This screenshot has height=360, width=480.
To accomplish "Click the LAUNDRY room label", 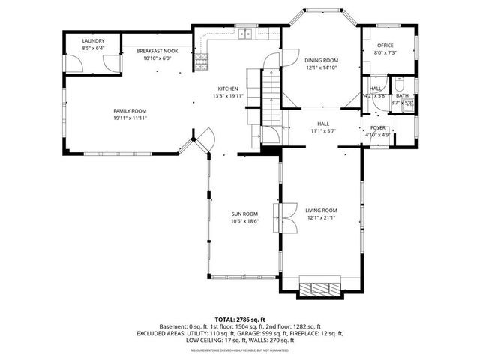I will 93,41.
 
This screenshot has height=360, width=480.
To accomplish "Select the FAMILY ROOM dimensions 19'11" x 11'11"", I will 130,118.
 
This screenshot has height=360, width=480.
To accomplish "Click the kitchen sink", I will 245,33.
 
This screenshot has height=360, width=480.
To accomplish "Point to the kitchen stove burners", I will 200,63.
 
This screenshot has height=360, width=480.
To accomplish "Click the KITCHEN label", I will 228,88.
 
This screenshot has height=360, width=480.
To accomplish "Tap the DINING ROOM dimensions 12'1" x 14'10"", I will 321,67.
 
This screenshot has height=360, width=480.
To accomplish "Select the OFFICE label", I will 385,46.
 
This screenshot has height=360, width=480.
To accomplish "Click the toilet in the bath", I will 400,82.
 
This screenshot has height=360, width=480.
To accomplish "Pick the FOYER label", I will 378,128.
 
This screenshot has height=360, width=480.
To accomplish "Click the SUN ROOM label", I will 244,214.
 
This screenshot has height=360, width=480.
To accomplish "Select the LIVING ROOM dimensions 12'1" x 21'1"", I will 322,218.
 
